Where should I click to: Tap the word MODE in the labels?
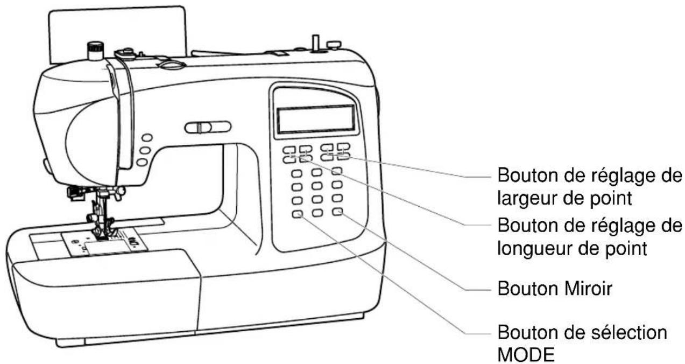(526, 354)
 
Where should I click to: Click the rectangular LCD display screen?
(316, 118)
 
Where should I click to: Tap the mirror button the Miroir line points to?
(337, 212)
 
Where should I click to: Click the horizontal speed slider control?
(208, 127)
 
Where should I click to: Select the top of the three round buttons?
(147, 138)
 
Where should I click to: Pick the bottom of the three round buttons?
(142, 162)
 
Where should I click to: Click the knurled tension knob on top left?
(95, 51)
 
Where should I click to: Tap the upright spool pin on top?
(315, 43)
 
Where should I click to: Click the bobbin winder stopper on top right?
(334, 45)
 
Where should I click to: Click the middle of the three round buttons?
(145, 150)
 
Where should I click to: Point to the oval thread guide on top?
(171, 65)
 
